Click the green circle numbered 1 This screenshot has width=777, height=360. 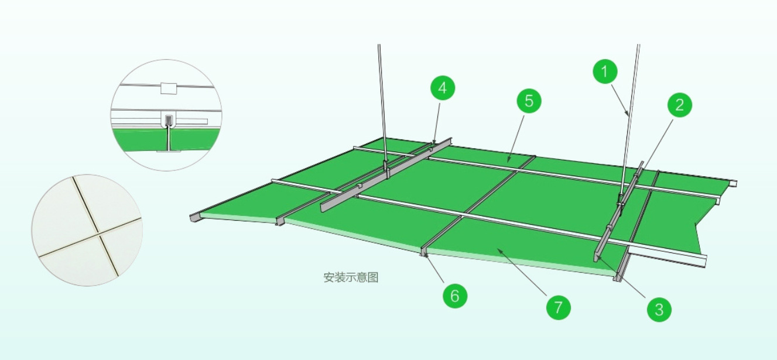(x=605, y=73)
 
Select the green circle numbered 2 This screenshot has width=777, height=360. (x=679, y=105)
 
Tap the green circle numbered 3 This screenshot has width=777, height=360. (x=659, y=308)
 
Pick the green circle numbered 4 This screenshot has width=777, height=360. (x=443, y=89)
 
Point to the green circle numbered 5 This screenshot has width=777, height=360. (x=529, y=101)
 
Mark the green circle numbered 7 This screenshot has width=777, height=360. (x=558, y=306)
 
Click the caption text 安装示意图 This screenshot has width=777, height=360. (x=351, y=277)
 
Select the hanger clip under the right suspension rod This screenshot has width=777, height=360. (x=620, y=198)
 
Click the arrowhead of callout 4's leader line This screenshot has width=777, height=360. (x=434, y=142)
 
